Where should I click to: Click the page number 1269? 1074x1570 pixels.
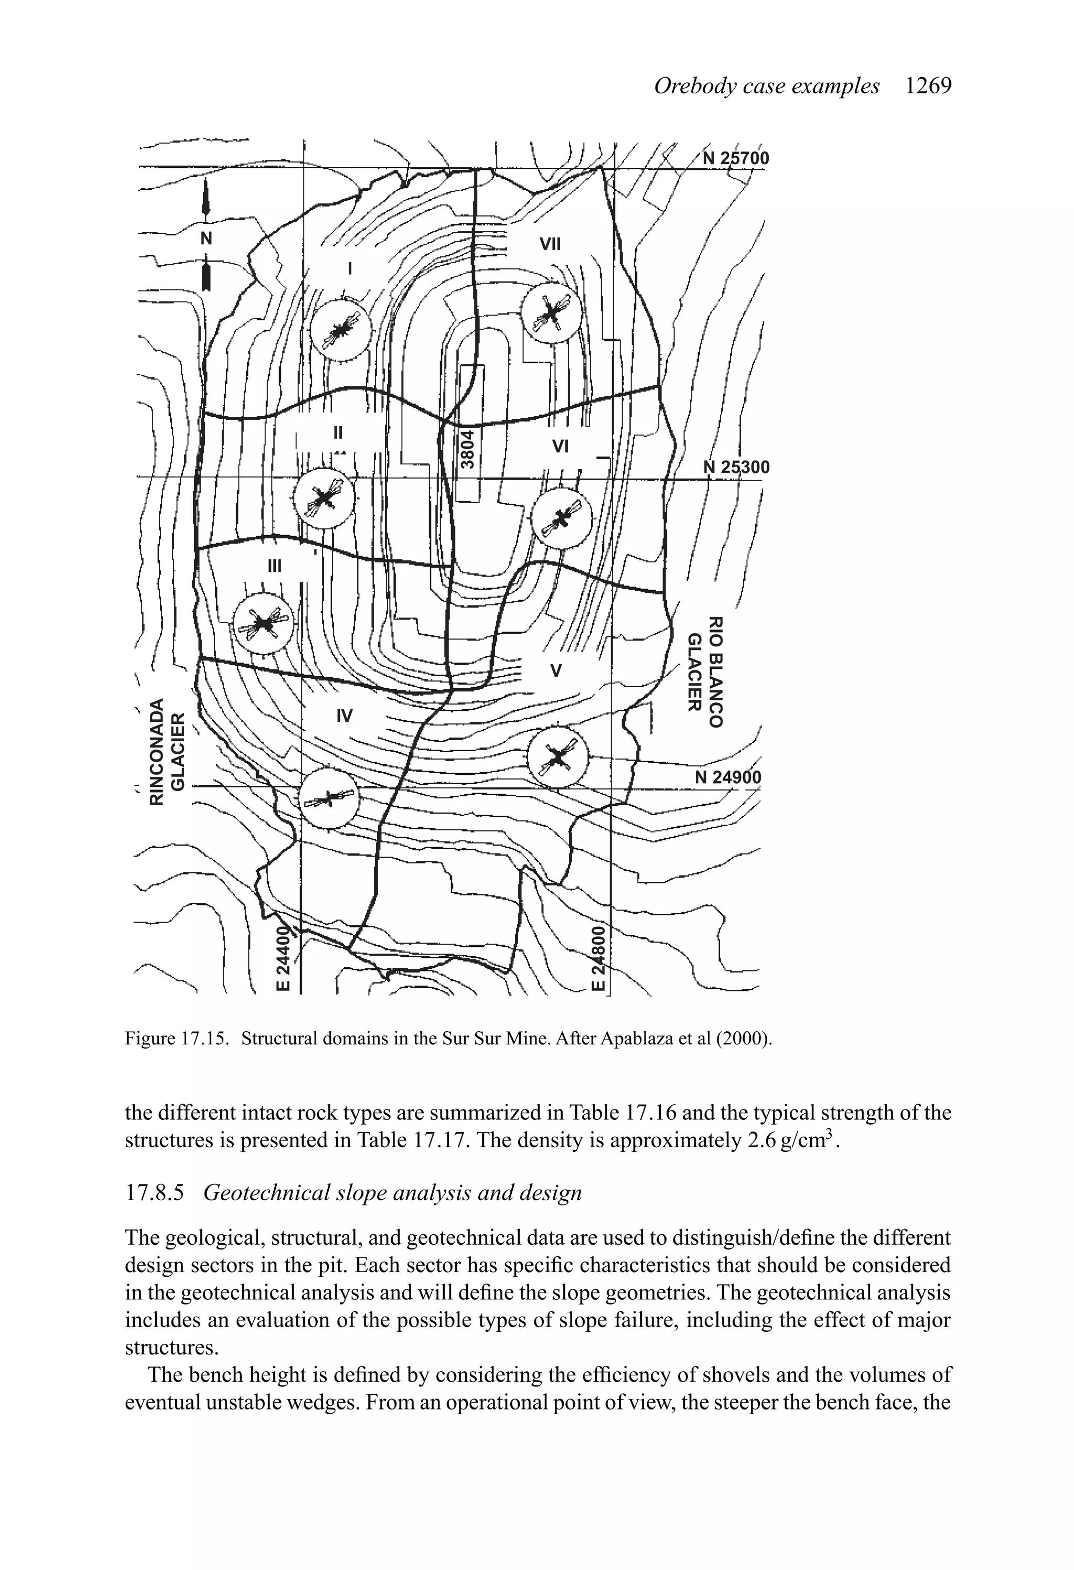928,86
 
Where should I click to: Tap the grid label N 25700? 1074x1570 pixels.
736,158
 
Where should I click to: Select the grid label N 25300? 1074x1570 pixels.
736,467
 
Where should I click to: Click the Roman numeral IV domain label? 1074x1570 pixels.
345,715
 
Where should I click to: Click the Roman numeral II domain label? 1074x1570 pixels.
338,431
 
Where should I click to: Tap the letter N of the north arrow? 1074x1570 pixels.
207,239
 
